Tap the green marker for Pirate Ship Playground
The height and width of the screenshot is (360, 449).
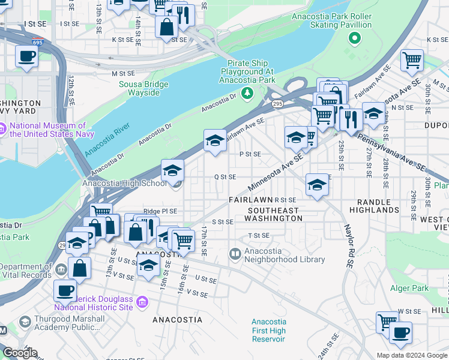coord(247,92)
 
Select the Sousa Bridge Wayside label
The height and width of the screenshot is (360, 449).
coord(139,88)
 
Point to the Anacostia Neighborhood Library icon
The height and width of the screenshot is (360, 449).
coord(235,254)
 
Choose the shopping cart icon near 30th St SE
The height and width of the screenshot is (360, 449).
coord(412,60)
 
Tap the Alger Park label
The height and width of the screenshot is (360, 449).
coord(409,288)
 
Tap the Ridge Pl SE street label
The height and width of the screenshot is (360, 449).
coord(160,211)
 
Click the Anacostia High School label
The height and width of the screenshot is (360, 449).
coord(124,184)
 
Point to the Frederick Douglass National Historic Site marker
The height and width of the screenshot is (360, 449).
coord(142,301)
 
